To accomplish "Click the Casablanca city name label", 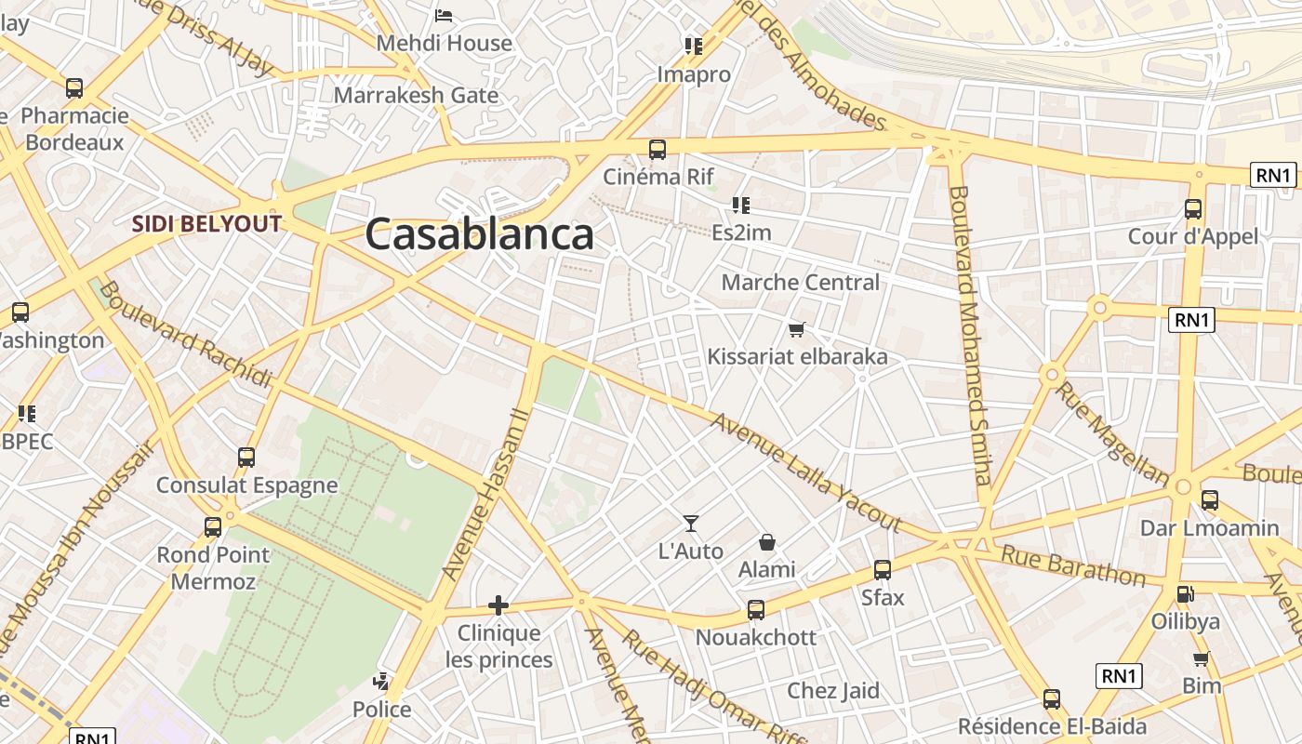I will [479, 234].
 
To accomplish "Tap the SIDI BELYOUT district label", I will [206, 224].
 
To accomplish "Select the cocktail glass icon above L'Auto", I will [690, 524].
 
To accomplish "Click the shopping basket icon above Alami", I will [767, 541].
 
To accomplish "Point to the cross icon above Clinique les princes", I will [498, 606].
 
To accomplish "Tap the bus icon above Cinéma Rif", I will [658, 149].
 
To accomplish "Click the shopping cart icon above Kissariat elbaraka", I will [796, 329].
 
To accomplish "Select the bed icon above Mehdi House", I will [444, 16].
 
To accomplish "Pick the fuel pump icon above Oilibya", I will [1185, 593].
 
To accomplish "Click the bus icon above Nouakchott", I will [756, 610].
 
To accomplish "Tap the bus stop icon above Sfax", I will [882, 570].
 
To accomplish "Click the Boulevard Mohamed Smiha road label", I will [971, 335].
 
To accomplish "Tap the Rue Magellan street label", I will [1112, 433].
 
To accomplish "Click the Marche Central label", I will [800, 282].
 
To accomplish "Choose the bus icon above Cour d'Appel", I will [1193, 209].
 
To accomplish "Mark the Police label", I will [381, 710].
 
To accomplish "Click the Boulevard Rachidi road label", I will [185, 334].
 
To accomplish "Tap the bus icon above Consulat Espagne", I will [246, 458].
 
